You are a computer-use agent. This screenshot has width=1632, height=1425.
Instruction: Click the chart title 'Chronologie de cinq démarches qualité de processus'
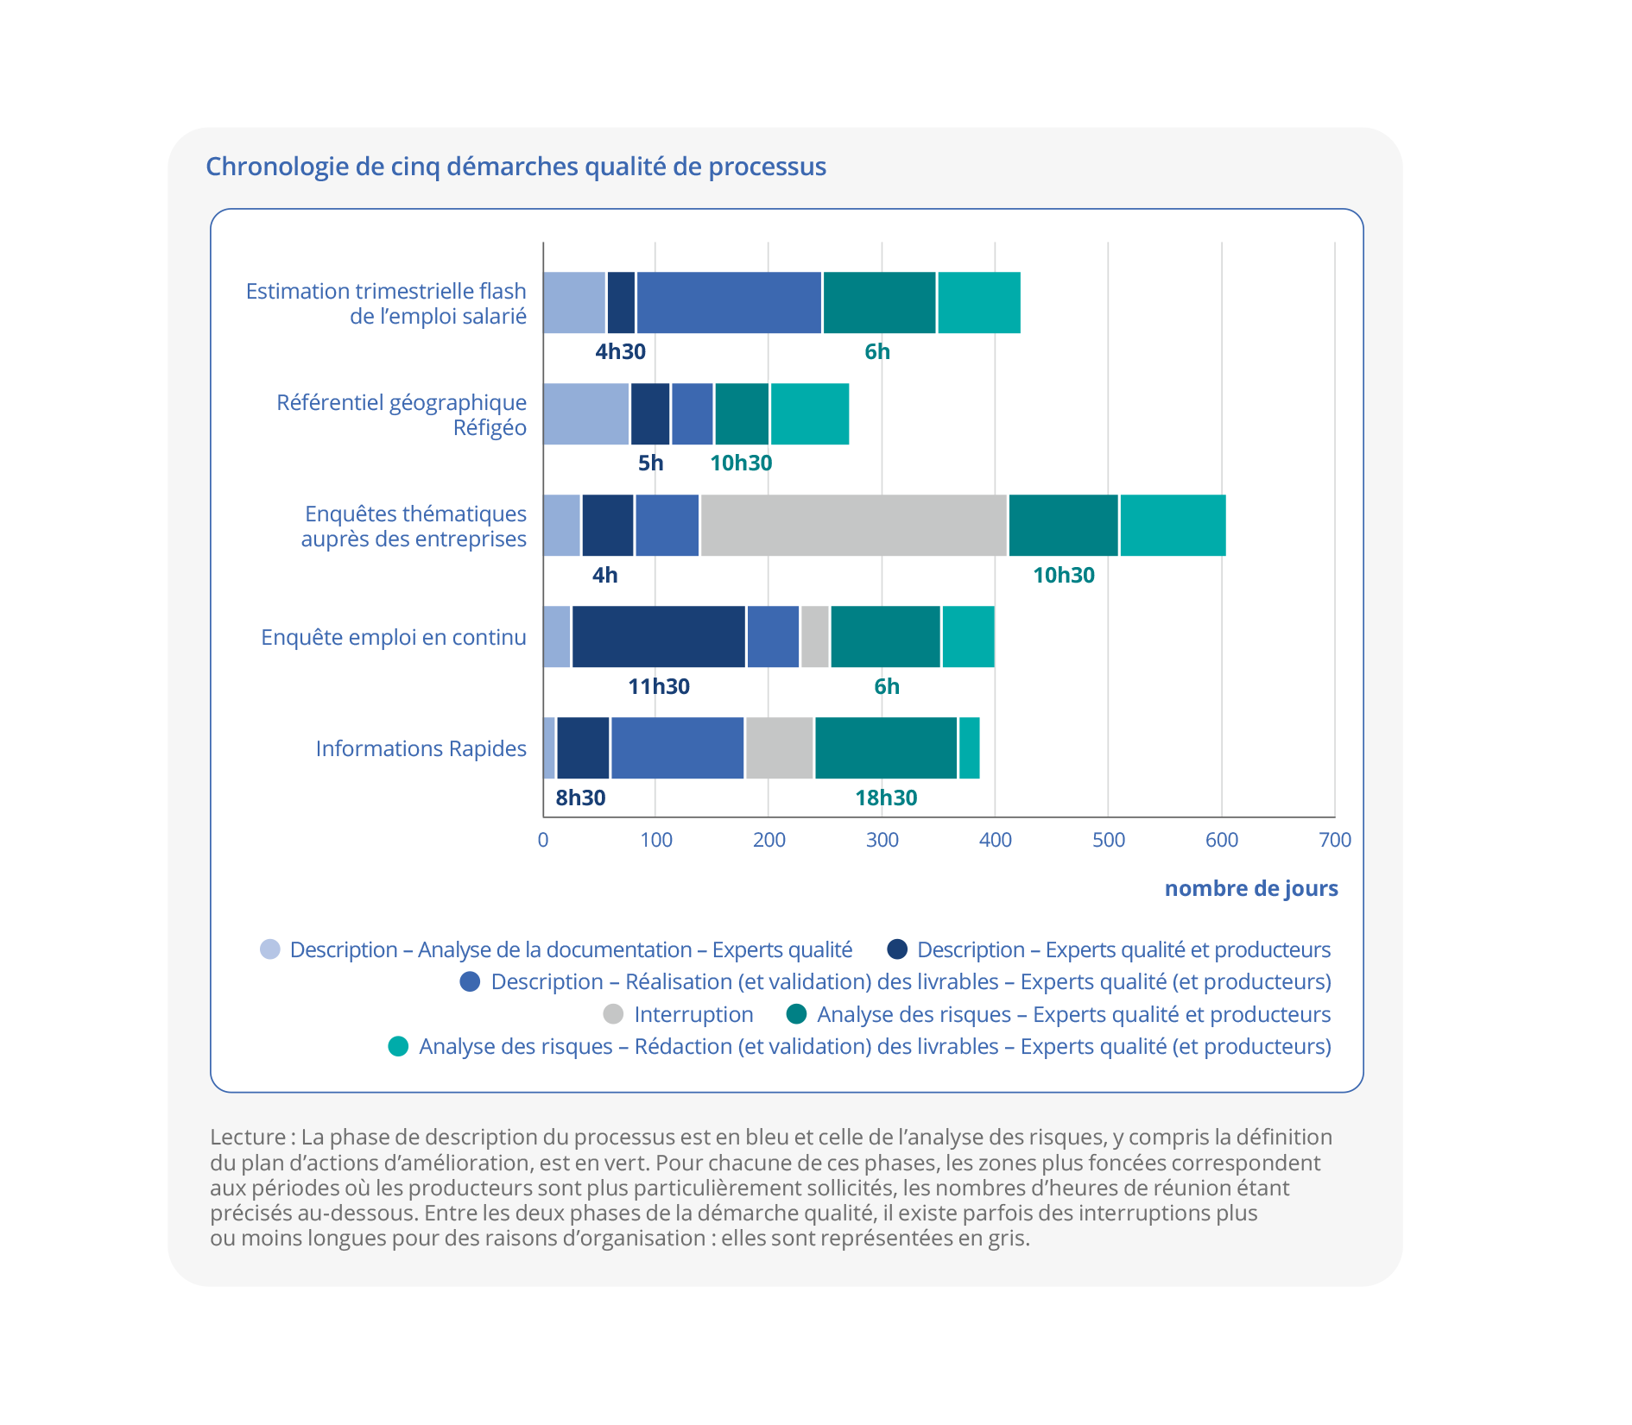(x=516, y=167)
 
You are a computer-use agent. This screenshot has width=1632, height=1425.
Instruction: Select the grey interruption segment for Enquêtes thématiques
(x=853, y=526)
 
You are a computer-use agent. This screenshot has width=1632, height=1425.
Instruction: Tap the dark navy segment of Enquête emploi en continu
(x=658, y=637)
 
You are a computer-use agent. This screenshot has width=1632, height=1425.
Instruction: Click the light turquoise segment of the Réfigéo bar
(x=809, y=414)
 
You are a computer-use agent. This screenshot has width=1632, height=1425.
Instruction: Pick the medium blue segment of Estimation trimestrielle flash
(x=729, y=303)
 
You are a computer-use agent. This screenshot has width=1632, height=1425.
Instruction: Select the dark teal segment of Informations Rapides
(x=886, y=748)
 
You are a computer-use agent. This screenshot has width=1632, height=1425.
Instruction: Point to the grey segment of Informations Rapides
(x=780, y=748)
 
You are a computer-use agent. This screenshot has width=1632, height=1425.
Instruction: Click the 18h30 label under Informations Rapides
(x=886, y=798)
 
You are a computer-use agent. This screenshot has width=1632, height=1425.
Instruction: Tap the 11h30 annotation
(x=659, y=686)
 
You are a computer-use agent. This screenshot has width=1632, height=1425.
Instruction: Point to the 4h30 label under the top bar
(x=620, y=351)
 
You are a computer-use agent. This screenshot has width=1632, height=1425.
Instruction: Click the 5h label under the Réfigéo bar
(x=650, y=463)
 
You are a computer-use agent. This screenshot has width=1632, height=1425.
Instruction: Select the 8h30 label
(x=580, y=798)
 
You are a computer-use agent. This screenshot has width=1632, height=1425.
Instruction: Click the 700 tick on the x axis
(x=1335, y=840)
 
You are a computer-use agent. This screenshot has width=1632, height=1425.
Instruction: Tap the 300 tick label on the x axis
(x=882, y=840)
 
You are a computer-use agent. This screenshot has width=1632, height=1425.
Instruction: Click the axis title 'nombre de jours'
(x=1251, y=888)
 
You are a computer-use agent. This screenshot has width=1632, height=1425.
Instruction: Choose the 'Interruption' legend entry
(x=693, y=1014)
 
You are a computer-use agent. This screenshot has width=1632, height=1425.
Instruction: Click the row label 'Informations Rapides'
(x=421, y=748)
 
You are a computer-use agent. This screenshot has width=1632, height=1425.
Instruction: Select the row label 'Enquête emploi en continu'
(x=394, y=637)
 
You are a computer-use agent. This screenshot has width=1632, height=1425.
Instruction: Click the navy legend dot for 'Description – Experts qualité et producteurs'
(x=898, y=949)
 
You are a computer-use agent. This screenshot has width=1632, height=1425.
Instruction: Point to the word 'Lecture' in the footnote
(x=248, y=1137)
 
